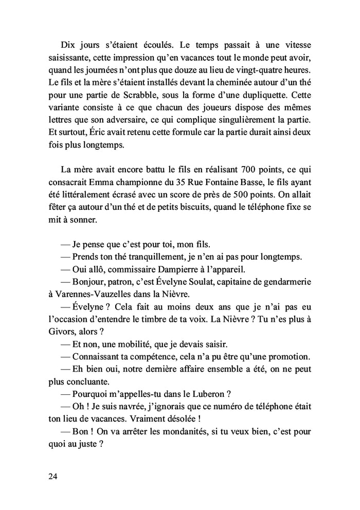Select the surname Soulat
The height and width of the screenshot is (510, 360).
coord(214,282)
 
